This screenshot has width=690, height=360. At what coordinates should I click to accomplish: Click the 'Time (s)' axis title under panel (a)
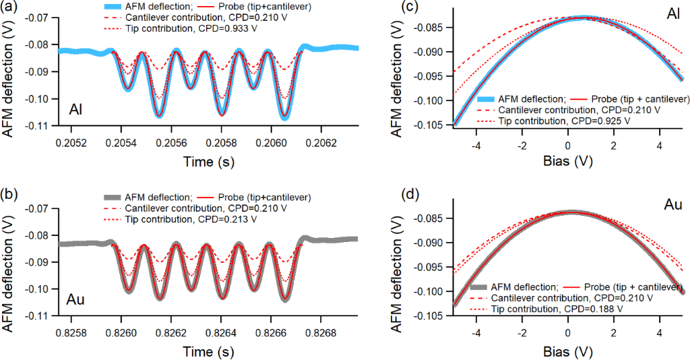click(x=208, y=162)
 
